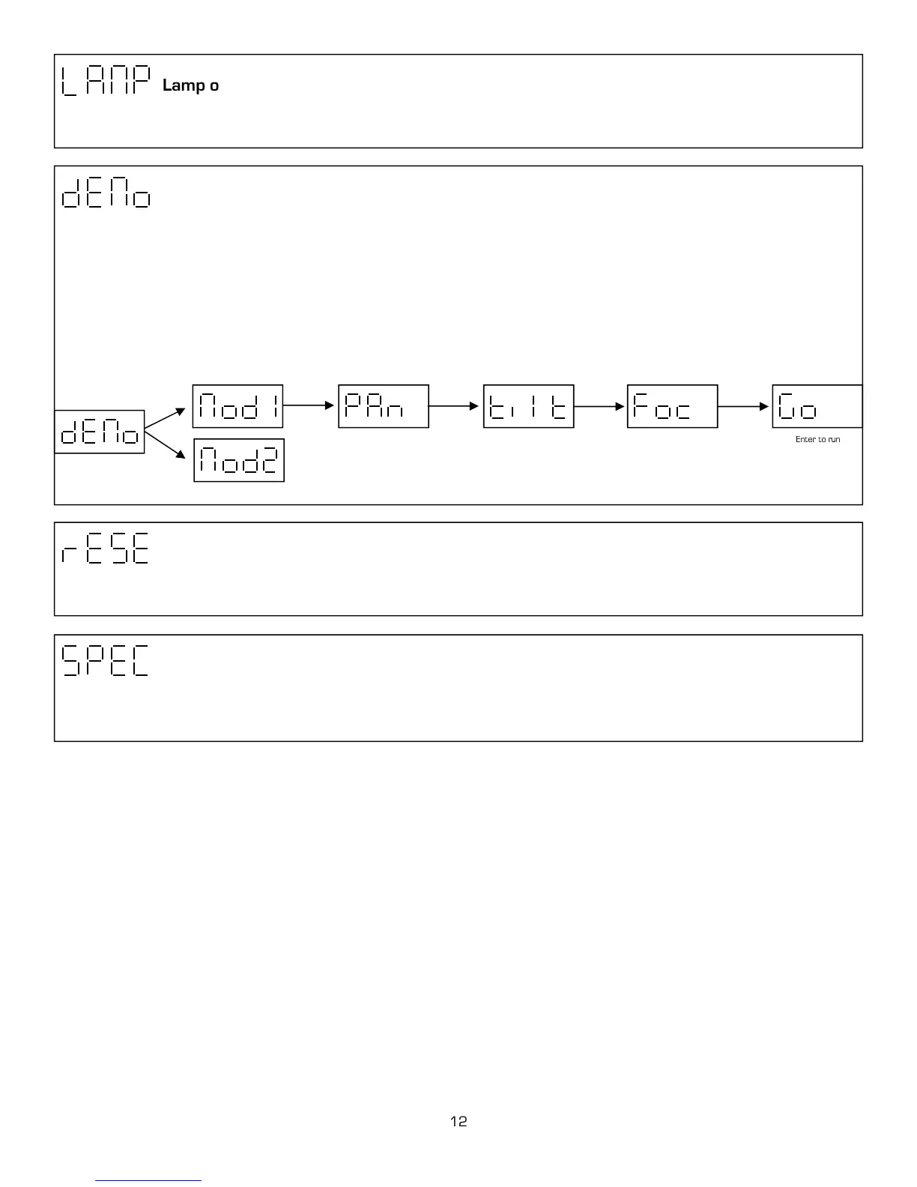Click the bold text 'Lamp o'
point(190,85)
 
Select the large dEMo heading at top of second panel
point(106,193)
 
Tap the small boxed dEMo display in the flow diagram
point(100,432)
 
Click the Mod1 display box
point(237,406)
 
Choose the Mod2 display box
point(239,460)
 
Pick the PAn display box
point(384,406)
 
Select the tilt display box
point(528,406)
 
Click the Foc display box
point(672,406)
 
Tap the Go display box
point(817,406)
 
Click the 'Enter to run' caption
point(817,439)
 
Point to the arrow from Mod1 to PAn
point(309,405)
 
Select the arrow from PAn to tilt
point(454,406)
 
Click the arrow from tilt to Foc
point(599,406)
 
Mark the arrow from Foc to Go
point(744,406)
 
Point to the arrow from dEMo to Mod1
point(165,418)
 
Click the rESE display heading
point(105,549)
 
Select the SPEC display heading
point(105,660)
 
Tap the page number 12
point(458,1122)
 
